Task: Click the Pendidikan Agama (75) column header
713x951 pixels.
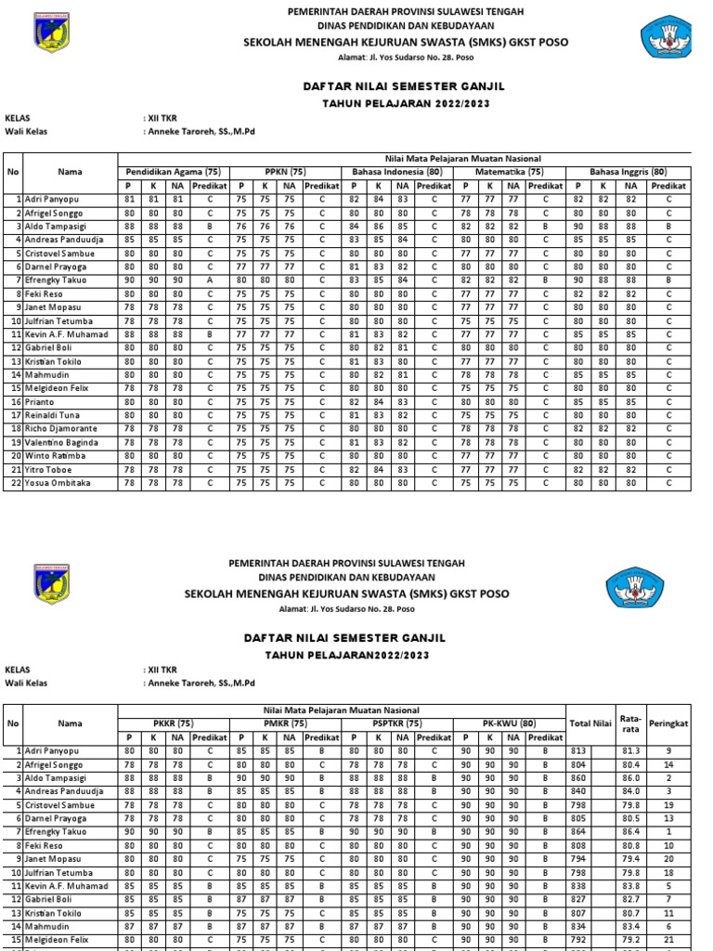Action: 173,172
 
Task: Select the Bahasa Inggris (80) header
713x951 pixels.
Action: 631,172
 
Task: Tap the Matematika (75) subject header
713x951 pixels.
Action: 509,172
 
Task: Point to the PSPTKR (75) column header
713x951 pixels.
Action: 396,723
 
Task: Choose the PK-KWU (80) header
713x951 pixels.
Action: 509,723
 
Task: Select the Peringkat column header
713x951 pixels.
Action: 668,723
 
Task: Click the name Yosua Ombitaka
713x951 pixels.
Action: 58,483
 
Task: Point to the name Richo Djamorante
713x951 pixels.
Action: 61,429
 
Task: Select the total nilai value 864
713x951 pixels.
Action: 579,832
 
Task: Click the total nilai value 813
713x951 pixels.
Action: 579,749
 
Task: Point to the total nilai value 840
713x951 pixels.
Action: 579,791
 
